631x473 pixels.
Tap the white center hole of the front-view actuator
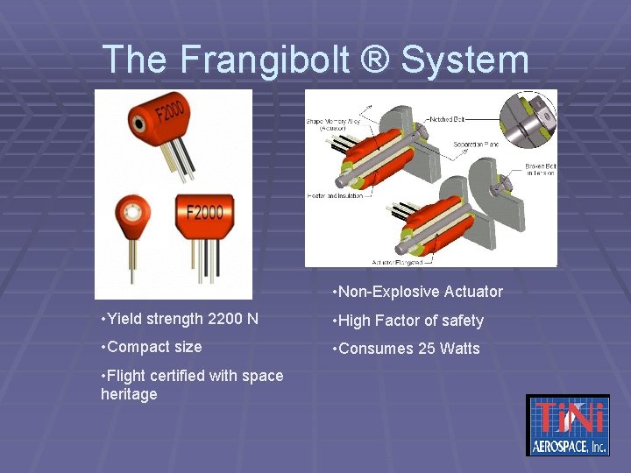pyautogui.click(x=133, y=212)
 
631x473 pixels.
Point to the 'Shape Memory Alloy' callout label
pyautogui.click(x=331, y=124)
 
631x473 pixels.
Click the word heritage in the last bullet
pyautogui.click(x=129, y=394)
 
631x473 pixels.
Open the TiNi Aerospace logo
pyautogui.click(x=567, y=425)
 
